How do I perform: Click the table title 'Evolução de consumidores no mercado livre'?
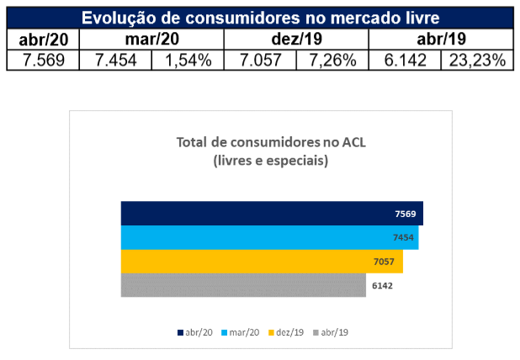260,17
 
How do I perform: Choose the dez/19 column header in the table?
296,39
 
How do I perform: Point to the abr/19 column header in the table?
441,39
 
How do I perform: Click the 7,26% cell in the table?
332,59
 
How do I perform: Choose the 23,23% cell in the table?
477,59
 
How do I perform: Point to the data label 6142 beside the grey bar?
382,286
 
